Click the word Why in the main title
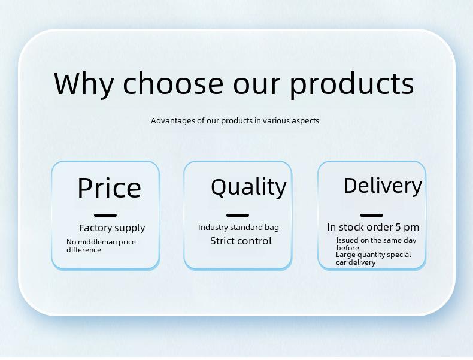(x=84, y=84)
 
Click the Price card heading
(x=109, y=187)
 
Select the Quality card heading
(x=248, y=187)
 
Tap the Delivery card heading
(x=383, y=186)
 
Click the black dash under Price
(x=105, y=215)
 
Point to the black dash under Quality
(x=238, y=215)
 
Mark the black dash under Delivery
(x=372, y=215)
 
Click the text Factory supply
(x=112, y=228)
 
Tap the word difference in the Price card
(x=84, y=250)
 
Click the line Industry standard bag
(x=238, y=228)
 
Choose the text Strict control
(x=241, y=241)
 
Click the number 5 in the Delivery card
(x=398, y=227)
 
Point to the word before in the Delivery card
(x=348, y=248)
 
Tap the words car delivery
(x=356, y=262)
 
